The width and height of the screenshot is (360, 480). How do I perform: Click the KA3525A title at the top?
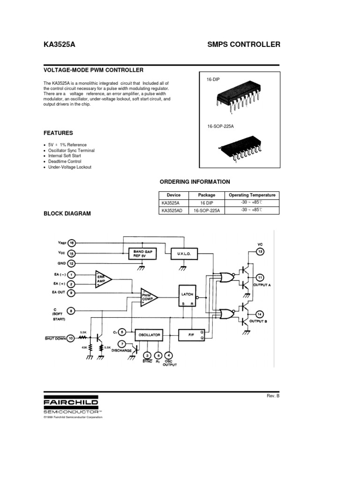click(59, 45)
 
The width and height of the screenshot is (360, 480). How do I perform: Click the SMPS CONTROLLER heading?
click(243, 45)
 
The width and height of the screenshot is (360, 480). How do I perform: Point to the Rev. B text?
click(273, 396)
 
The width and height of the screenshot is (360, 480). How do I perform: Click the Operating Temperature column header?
click(252, 195)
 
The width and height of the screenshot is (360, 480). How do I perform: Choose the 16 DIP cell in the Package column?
click(207, 203)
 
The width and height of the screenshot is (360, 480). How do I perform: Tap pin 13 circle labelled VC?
click(260, 252)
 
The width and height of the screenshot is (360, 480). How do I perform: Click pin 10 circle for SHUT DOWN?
click(71, 337)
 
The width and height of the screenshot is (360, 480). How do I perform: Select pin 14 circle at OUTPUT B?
click(260, 314)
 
